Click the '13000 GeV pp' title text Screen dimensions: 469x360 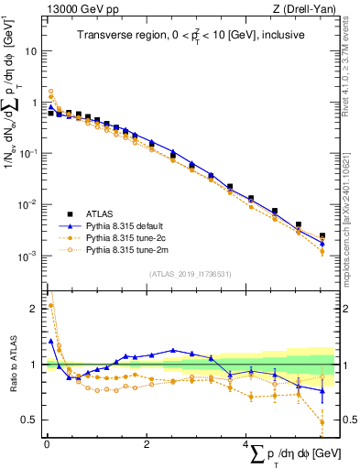80,9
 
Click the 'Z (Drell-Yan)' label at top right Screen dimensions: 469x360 307,9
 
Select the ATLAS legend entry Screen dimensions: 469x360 101,212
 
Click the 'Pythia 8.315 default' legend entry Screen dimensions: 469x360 125,224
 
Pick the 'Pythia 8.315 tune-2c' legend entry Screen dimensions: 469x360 125,235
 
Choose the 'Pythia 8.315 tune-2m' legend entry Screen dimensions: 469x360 125,247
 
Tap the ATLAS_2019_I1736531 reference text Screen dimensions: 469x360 191,273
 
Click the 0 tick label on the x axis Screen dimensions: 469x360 46,443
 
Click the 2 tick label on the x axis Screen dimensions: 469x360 147,443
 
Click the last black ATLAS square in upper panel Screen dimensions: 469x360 322,235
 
